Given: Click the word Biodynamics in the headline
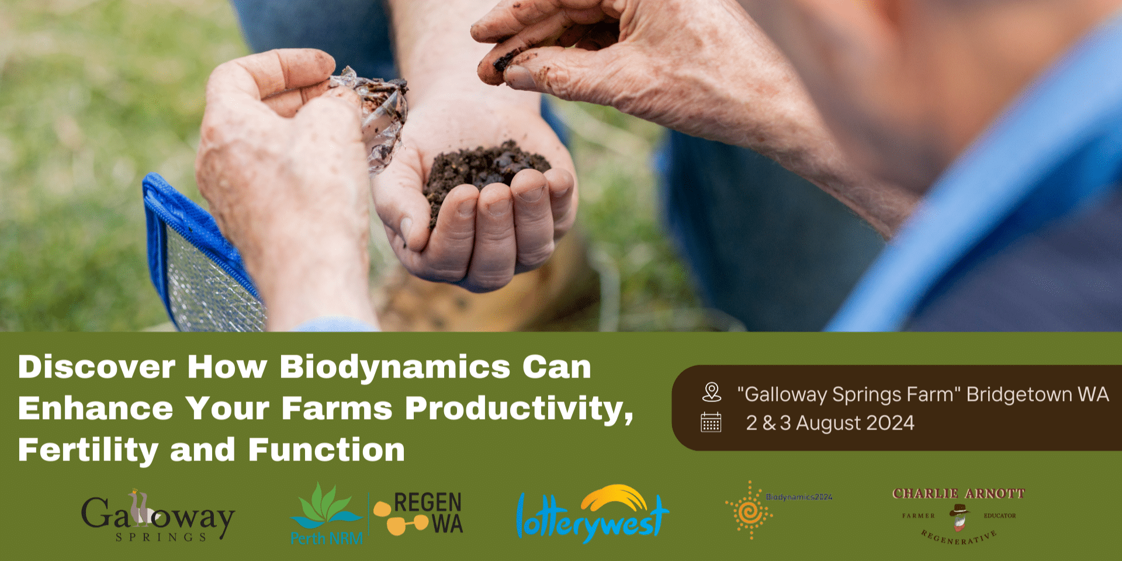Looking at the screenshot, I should (394, 368).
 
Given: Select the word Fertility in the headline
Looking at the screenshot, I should (88, 451).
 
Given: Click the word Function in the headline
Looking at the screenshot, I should (326, 451).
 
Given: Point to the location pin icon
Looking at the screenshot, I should (711, 392).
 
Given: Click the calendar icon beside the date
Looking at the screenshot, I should (711, 422).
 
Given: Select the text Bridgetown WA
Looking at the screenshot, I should (1037, 394).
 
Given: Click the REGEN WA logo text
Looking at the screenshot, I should (427, 512).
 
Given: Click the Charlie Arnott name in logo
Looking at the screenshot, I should (958, 494).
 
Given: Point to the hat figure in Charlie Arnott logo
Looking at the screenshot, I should (958, 516).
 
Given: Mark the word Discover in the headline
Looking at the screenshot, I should (96, 368).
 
